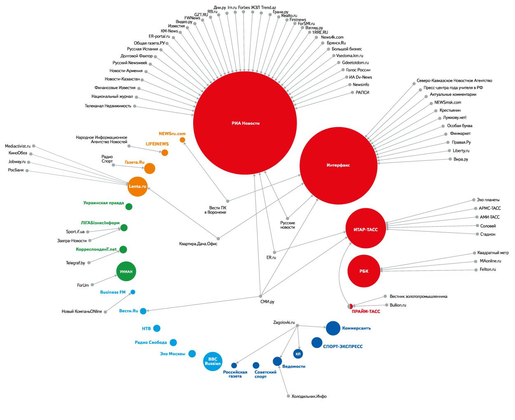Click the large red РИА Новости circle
point(245,123)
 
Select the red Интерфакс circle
point(338,165)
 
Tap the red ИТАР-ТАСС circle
point(365,229)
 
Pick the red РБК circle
point(364,271)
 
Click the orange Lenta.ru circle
point(138,186)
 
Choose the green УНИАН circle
point(126,271)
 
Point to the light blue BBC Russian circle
point(213,362)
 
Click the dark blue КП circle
point(298,354)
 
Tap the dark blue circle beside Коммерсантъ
point(333,328)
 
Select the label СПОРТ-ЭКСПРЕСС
point(343,347)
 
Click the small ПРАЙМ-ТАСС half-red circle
point(350,306)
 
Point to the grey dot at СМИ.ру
point(261,296)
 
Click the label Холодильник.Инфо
point(309,397)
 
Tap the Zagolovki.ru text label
point(284,323)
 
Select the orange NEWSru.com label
point(172,134)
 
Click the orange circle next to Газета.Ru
point(150,168)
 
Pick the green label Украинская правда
point(103,203)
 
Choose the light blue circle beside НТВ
point(157,328)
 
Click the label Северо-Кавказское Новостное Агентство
point(454,81)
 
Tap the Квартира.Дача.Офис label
point(198,244)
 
